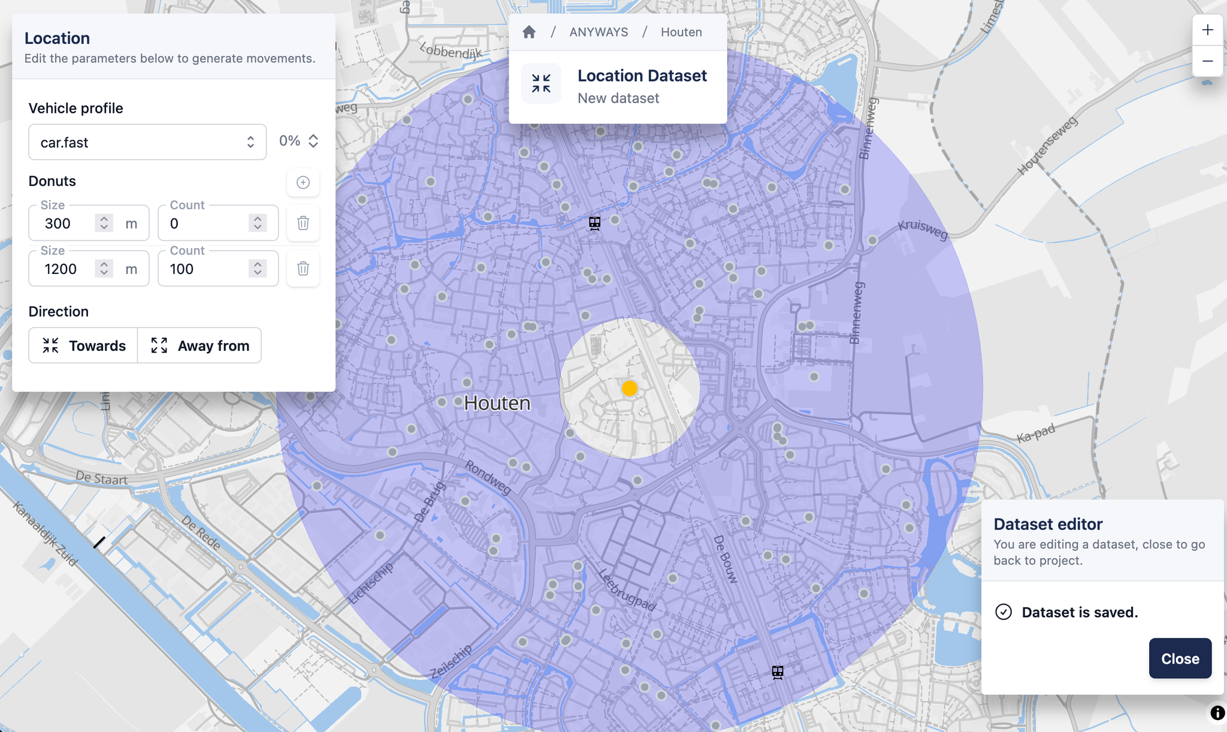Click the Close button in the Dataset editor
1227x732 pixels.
(x=1180, y=658)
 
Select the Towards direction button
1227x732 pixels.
(x=83, y=345)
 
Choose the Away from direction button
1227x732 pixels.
(x=200, y=345)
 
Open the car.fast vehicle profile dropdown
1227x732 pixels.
(x=147, y=142)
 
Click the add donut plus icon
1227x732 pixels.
(x=303, y=182)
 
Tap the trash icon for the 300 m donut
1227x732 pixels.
(x=303, y=223)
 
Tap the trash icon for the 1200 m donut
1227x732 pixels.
(x=303, y=269)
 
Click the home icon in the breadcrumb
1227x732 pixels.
(x=529, y=32)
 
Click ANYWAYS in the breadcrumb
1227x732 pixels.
(x=599, y=32)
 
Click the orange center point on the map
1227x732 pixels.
(x=630, y=388)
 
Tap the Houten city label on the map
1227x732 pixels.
(x=497, y=403)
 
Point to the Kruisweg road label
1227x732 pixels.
(x=923, y=229)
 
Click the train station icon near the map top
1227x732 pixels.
(x=594, y=224)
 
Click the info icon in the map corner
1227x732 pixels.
(x=1217, y=713)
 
